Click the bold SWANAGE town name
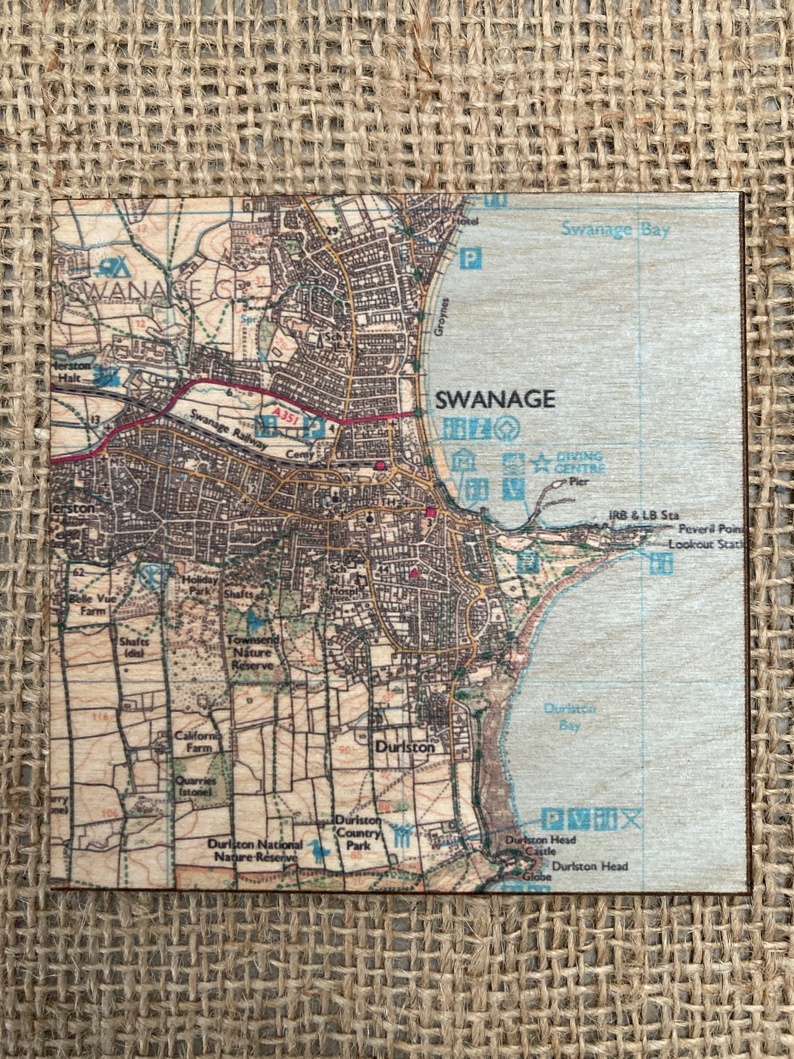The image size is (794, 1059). [x=495, y=400]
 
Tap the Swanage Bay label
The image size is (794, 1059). [x=615, y=229]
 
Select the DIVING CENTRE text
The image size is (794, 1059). [x=580, y=463]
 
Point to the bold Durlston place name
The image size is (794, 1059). [x=405, y=747]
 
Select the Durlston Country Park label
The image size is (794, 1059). [x=358, y=833]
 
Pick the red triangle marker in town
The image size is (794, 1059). [x=414, y=574]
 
